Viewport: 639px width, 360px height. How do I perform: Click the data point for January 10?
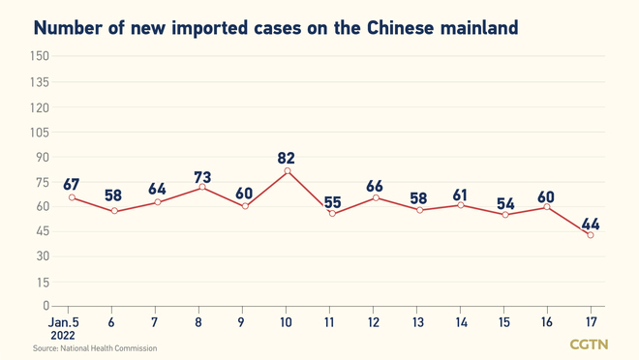287,171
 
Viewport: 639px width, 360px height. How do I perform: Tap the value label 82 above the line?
286,157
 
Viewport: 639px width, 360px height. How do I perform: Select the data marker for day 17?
591,234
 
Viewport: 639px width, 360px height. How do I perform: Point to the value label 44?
591,225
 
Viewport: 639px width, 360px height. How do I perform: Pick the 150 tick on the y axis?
39,56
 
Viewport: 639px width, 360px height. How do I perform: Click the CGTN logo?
589,345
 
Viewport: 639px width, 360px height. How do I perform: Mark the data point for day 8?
200,187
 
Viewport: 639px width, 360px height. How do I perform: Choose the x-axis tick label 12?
373,320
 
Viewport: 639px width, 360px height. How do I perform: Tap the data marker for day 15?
503,215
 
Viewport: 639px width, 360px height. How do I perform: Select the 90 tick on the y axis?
41,157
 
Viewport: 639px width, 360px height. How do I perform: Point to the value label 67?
72,185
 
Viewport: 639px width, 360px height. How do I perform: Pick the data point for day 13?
418,209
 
